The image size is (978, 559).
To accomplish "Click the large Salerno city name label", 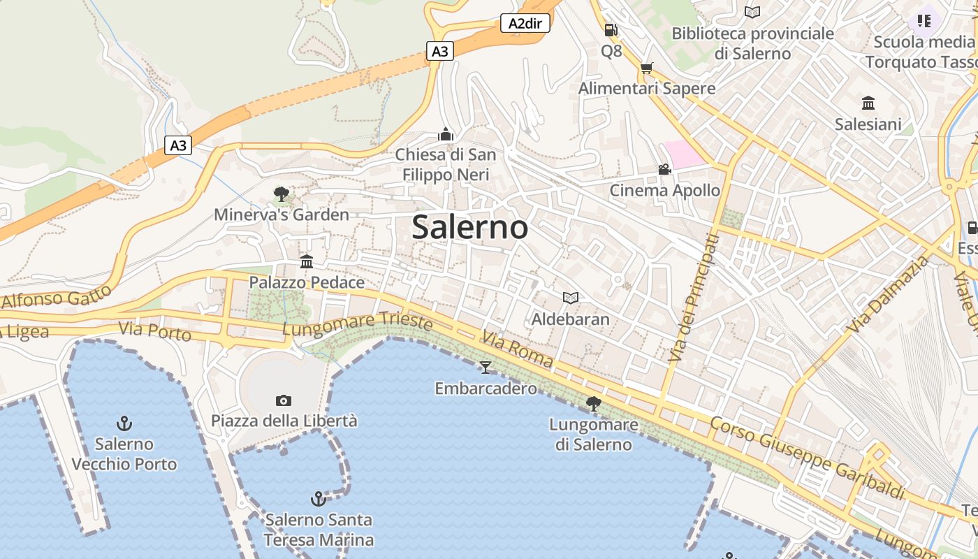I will click(469, 228).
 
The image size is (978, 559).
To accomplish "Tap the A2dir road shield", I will click(525, 24).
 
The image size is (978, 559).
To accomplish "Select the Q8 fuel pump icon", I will click(611, 30).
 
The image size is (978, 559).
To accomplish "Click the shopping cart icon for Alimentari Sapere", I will click(646, 68).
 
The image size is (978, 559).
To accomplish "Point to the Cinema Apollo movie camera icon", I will click(664, 170).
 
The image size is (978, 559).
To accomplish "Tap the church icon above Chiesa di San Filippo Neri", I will click(446, 133).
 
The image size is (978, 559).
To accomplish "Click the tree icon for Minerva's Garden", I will click(282, 194).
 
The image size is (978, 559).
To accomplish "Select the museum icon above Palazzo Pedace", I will click(307, 261).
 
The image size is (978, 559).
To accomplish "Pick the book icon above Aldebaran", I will click(571, 298).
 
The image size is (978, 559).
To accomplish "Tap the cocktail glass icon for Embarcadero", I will click(486, 367).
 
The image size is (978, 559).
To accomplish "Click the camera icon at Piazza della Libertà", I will click(283, 400).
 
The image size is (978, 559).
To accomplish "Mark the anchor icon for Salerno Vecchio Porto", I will click(124, 423).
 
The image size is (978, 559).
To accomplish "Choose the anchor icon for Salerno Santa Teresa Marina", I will click(319, 499).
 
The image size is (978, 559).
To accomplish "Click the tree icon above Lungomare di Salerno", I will click(594, 403).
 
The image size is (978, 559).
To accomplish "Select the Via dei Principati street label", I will click(692, 297).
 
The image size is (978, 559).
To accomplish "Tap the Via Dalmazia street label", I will click(888, 293).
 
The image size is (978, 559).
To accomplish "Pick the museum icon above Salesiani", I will click(868, 103).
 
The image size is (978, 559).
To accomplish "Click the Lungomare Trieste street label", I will click(358, 324).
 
